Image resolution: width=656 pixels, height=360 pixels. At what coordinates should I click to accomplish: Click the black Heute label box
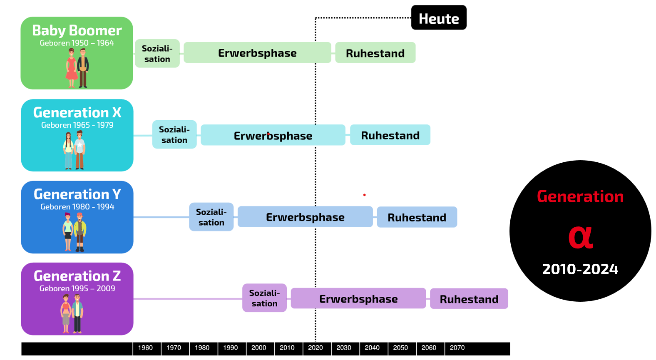click(x=439, y=17)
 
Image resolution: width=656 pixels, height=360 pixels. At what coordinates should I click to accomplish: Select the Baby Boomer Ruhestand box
click(x=375, y=53)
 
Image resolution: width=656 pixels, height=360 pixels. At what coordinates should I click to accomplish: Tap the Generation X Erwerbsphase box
click(x=273, y=135)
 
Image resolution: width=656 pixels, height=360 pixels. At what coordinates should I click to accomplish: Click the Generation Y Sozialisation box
click(x=211, y=217)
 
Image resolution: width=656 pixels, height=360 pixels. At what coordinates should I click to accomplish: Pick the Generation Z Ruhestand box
click(x=469, y=298)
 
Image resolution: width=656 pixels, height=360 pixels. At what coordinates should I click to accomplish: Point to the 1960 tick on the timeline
click(x=145, y=348)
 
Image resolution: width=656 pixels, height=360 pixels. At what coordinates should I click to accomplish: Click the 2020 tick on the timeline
click(x=316, y=348)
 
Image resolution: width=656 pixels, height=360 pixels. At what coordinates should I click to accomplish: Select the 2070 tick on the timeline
click(x=457, y=348)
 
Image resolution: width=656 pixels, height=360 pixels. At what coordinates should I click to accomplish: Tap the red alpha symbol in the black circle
click(x=581, y=238)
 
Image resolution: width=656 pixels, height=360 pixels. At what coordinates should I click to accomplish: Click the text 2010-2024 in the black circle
click(x=580, y=269)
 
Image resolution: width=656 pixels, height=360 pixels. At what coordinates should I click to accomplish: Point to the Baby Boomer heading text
click(x=77, y=30)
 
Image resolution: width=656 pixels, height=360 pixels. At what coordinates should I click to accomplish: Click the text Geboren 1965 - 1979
click(x=77, y=125)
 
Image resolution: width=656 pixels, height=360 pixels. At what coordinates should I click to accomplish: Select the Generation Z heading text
click(x=77, y=276)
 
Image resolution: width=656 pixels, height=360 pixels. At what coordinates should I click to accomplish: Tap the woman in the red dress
click(x=72, y=68)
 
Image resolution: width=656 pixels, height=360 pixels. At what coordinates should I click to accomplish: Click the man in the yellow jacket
click(x=80, y=232)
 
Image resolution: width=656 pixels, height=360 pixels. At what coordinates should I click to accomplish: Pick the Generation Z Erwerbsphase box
click(x=358, y=298)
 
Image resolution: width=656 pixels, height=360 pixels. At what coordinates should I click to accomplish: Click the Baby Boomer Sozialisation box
click(x=157, y=53)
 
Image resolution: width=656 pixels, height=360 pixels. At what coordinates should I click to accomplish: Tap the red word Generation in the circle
click(x=580, y=196)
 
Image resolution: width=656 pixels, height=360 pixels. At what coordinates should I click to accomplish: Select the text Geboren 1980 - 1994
click(x=77, y=207)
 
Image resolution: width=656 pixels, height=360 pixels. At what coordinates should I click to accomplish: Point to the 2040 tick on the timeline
click(x=372, y=348)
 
